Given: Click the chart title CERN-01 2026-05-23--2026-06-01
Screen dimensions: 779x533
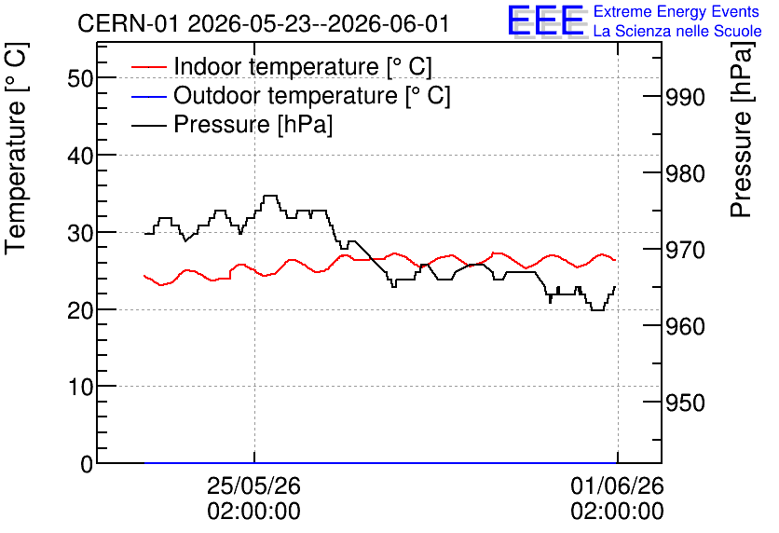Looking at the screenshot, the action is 264,23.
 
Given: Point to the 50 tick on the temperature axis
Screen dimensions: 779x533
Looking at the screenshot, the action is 80,78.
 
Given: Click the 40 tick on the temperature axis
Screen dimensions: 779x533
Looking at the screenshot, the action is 80,156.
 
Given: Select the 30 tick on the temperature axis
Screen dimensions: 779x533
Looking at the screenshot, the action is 80,233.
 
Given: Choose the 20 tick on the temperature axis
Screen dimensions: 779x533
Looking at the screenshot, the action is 80,310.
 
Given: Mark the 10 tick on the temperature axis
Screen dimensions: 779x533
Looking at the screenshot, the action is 80,387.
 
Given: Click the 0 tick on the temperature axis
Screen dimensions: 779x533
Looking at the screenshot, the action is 87,464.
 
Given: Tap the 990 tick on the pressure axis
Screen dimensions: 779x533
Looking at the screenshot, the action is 685,97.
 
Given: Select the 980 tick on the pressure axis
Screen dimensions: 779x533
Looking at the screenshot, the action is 685,174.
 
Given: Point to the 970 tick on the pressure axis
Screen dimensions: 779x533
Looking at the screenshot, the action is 685,251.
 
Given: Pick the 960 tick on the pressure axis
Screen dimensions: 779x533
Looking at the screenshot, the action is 685,327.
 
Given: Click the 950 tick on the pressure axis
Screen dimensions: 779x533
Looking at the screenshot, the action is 685,403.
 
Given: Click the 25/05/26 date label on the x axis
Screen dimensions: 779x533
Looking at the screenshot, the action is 253,485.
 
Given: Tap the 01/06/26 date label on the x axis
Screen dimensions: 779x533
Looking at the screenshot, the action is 617,485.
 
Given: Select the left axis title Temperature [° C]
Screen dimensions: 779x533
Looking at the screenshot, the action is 17,148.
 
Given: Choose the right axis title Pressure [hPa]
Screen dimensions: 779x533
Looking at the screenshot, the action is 741,130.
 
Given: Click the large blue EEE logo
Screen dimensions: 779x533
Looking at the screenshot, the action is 545,20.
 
